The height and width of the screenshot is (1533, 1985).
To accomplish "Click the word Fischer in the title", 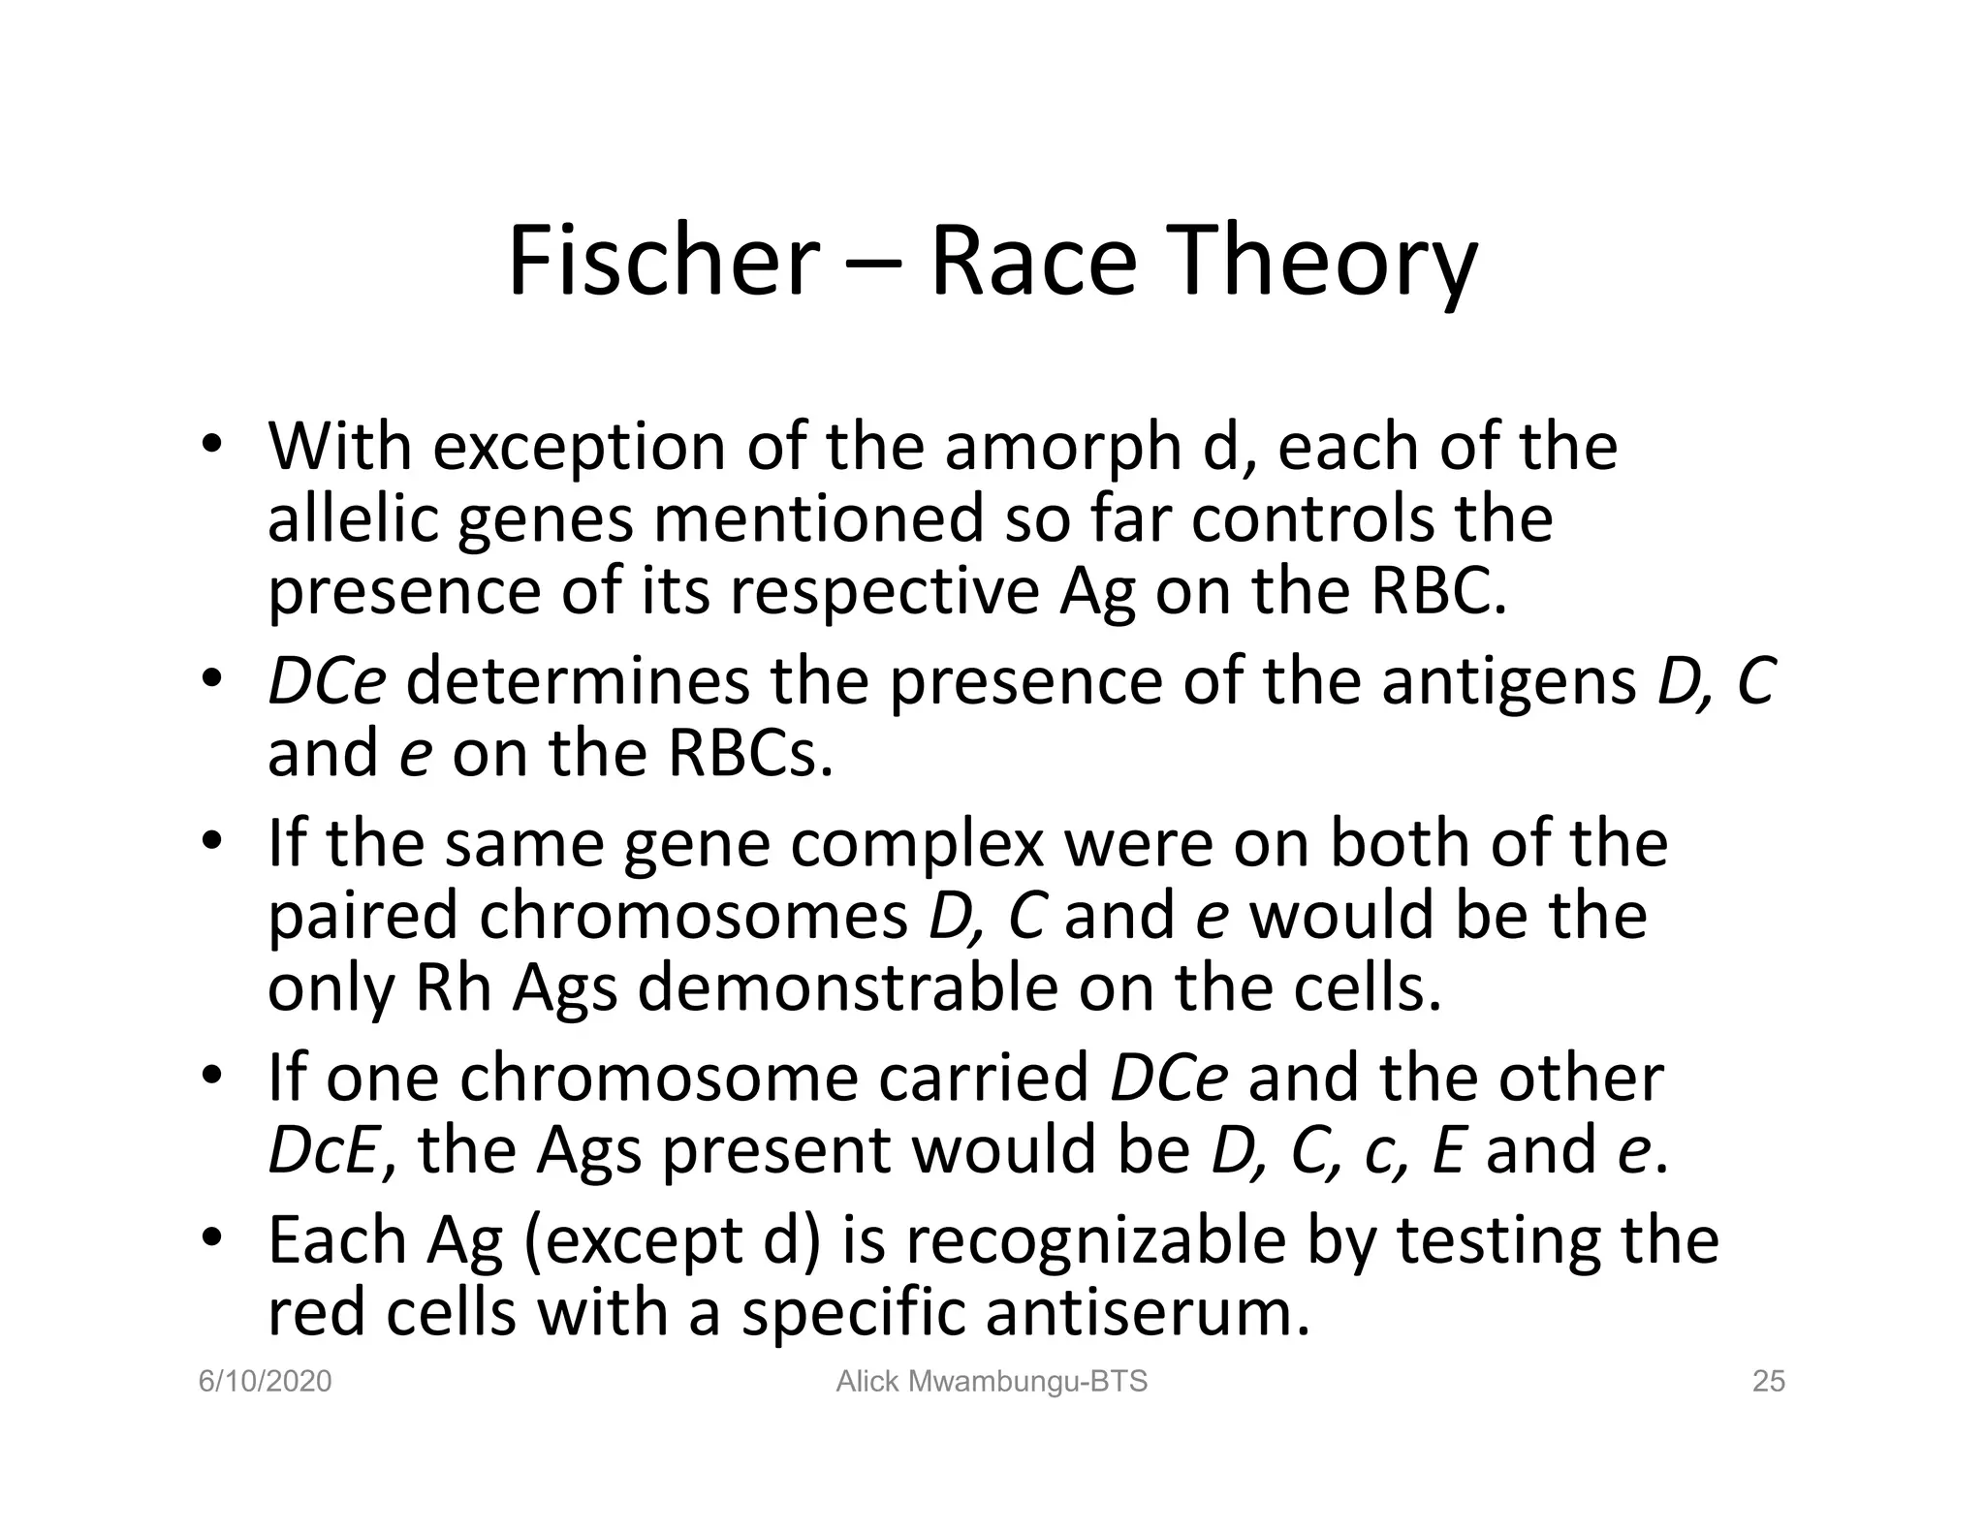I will click(x=663, y=262).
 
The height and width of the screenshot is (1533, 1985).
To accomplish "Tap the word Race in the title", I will click(x=1033, y=262).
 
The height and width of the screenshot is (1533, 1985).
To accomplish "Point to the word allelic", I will click(x=351, y=519).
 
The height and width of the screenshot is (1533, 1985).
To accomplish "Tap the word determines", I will click(x=578, y=681).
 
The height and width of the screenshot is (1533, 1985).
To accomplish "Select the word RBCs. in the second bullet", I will click(x=750, y=754).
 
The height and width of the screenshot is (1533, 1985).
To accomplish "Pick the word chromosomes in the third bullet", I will click(x=693, y=916).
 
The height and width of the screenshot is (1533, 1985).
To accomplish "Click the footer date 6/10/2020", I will click(x=265, y=1382).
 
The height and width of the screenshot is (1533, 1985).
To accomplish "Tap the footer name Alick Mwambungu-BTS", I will click(x=992, y=1382).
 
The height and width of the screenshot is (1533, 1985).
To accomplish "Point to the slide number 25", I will click(x=1769, y=1382).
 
